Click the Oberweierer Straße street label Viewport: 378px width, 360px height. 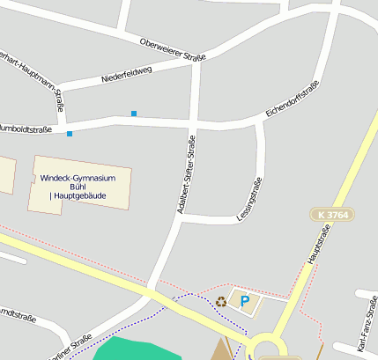point(173,49)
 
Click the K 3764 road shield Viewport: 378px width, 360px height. point(330,215)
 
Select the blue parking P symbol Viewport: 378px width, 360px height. point(245,302)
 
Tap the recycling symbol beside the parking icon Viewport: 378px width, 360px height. point(221,302)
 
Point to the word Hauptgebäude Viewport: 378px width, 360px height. point(86,195)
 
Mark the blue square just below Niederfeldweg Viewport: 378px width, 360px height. point(134,113)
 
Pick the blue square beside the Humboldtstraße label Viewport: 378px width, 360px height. point(70,134)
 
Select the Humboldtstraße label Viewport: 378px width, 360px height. point(26,129)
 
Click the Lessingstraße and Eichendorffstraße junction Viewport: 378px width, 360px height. point(259,122)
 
